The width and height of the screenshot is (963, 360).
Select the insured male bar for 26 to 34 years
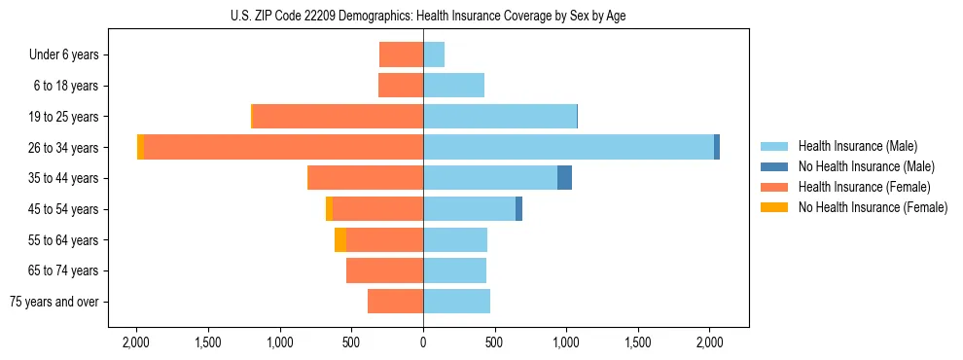[568, 147]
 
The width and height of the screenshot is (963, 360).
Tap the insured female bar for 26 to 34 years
[283, 147]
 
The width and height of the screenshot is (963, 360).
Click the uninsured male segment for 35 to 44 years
[564, 178]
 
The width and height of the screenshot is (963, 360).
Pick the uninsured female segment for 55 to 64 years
[340, 240]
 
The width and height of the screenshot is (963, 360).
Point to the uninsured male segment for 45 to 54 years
[518, 209]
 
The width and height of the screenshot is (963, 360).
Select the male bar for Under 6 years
[434, 54]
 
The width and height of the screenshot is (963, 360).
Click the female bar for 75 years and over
[395, 302]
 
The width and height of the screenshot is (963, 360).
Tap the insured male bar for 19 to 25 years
[500, 117]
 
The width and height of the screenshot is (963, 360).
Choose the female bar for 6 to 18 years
[401, 86]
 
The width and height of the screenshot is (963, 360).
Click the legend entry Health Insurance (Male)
[857, 146]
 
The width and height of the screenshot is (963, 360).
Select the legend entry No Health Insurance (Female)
[873, 207]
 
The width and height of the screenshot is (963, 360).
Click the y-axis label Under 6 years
[70, 54]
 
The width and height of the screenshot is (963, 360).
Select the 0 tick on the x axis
[423, 342]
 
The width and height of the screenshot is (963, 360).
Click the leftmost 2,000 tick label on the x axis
[136, 342]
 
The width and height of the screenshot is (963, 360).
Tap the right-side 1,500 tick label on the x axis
[638, 342]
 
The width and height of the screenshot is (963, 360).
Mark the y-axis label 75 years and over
[54, 302]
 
